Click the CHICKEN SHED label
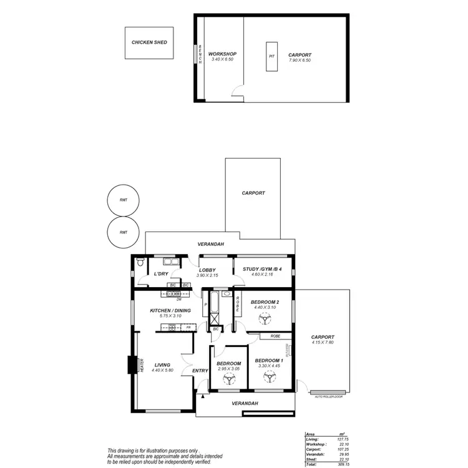coord(149,43)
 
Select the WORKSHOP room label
coord(222,54)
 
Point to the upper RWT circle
coord(123,201)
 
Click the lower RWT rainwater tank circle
coord(123,232)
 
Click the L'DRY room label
coord(161,274)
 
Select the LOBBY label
coord(207,270)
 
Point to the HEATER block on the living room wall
coord(132,364)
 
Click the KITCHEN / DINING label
coord(170,310)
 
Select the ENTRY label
coord(200,371)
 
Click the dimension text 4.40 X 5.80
coord(162,371)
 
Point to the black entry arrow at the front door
coord(203,396)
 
